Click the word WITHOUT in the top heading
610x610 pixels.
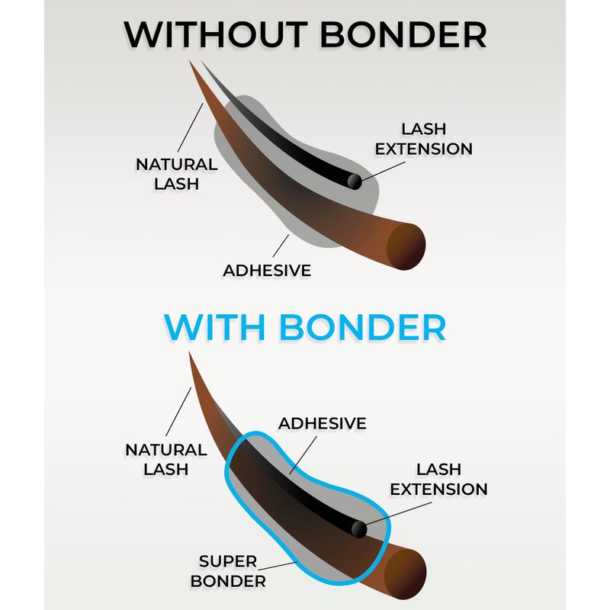click(216, 34)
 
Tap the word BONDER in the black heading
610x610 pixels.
click(403, 34)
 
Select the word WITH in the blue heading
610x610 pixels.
click(215, 327)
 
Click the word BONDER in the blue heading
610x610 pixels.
click(363, 327)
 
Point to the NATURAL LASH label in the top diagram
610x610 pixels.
click(177, 174)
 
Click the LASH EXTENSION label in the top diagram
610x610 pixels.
click(424, 139)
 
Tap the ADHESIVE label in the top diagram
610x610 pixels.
click(267, 271)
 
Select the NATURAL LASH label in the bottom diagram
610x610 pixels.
click(166, 460)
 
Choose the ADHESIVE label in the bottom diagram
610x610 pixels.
click(322, 423)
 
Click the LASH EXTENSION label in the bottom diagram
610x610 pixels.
click(439, 480)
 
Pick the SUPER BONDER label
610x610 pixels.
click(228, 571)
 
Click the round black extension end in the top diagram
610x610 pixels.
click(355, 181)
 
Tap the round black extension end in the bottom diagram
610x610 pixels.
click(358, 529)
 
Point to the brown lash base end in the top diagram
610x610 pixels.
click(406, 246)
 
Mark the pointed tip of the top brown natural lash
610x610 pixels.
click(189, 61)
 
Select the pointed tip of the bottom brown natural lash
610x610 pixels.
click(189, 352)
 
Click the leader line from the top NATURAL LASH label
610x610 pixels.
click(190, 127)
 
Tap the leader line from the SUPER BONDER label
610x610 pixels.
click(277, 566)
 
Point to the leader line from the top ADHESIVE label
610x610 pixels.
click(281, 246)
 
